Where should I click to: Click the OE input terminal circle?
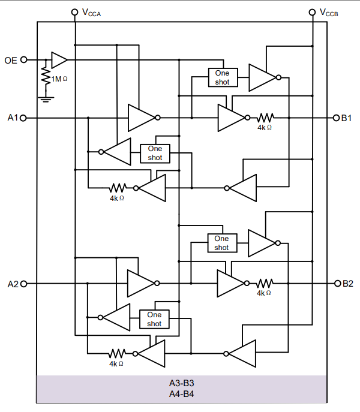click(x=24, y=59)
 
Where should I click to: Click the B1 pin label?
click(x=347, y=118)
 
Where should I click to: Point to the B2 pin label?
click(x=347, y=283)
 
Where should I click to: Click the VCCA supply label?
click(x=91, y=12)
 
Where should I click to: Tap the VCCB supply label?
click(x=329, y=12)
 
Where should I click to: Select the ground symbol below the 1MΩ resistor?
click(x=45, y=95)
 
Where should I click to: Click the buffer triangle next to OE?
click(x=59, y=59)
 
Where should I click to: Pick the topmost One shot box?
click(x=222, y=77)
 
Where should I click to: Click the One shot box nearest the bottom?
click(x=155, y=319)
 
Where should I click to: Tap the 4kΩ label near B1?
click(x=265, y=128)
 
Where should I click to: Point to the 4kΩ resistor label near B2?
click(x=264, y=293)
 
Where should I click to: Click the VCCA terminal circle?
click(x=75, y=11)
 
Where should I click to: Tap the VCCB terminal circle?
click(x=313, y=11)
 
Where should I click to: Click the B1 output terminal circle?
click(x=337, y=118)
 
